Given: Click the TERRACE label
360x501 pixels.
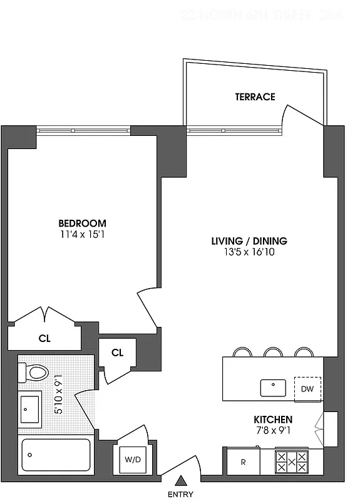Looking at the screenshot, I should point(255,96).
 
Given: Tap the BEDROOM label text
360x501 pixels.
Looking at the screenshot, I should point(82,224).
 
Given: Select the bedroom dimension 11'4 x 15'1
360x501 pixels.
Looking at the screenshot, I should point(82,235).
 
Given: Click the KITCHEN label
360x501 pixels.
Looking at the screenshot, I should point(273,419).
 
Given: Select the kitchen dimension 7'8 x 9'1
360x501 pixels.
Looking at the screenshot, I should point(273,430).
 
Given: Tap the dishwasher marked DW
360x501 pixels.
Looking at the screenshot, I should point(307,389).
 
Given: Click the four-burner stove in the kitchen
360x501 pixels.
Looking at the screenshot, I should point(292,462).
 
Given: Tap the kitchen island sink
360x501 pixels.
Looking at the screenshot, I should point(274,388).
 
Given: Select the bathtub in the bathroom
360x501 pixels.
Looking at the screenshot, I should point(56,455).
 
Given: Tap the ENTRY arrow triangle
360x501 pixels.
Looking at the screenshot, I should point(182,482).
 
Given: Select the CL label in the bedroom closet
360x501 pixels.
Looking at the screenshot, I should point(44,339).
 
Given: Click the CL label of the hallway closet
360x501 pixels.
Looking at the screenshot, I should point(117,353).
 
